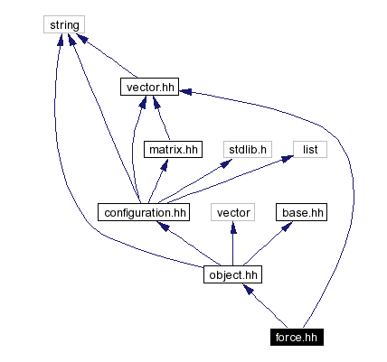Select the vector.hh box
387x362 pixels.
click(x=148, y=88)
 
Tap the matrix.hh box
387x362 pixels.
click(x=174, y=149)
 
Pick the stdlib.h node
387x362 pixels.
click(x=245, y=149)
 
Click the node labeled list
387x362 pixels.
click(x=308, y=149)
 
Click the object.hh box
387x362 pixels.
click(x=232, y=274)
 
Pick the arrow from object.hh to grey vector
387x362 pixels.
click(x=232, y=243)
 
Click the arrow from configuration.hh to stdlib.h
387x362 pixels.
click(x=197, y=180)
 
